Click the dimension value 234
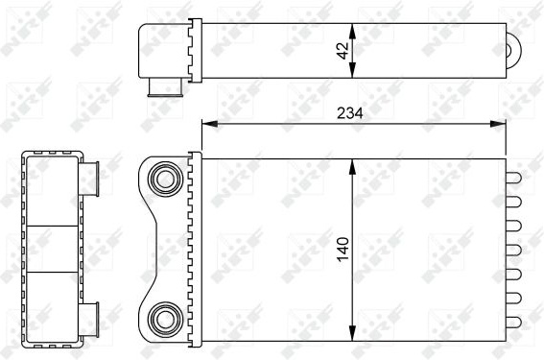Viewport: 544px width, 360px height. (349, 113)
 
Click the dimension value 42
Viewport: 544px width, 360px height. (343, 51)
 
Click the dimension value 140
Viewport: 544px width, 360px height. (343, 249)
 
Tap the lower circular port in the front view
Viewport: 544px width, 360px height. (165, 320)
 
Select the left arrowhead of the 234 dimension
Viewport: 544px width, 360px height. (209, 124)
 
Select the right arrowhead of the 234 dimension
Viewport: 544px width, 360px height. (498, 124)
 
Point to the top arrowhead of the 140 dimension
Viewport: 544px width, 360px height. (352, 167)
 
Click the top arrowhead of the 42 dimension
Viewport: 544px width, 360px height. (352, 32)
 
